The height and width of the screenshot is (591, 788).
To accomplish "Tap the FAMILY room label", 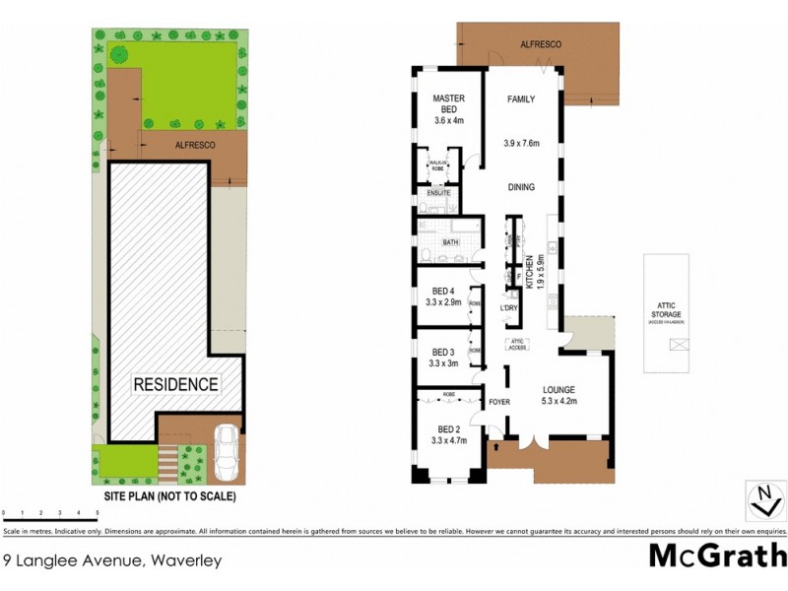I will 521,100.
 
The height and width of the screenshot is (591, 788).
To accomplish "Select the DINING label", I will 521,186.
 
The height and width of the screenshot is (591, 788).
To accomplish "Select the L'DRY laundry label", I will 509,308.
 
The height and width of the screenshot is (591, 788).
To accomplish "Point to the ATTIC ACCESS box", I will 519,345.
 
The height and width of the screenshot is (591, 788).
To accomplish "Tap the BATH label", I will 450,241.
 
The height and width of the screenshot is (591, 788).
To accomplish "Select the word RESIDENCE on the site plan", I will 175,384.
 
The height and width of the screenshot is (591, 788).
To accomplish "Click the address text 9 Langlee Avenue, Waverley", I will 112,561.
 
